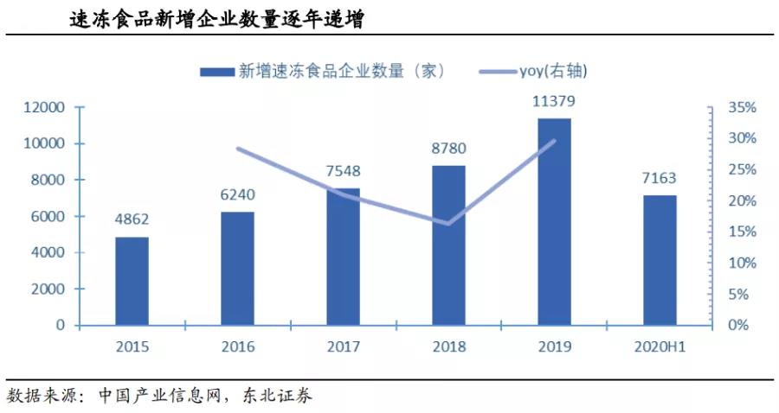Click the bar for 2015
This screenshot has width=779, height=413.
132,281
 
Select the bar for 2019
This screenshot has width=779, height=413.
554,221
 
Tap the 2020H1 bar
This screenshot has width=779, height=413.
660,260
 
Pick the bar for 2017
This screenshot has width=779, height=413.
343,257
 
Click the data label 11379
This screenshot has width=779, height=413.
554,102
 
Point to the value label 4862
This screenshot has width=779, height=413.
132,220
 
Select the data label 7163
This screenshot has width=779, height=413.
660,179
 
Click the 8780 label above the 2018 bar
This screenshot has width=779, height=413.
448,149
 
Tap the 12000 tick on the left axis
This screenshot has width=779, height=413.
48,108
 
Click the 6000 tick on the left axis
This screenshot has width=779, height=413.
51,217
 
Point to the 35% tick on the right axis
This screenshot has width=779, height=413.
742,108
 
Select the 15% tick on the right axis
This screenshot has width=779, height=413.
742,232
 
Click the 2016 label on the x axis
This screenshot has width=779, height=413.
237,347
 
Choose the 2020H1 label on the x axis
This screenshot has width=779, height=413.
660,347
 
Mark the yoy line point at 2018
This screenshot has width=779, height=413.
448,224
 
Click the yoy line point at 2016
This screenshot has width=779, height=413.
237,149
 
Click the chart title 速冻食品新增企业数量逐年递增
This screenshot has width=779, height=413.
216,18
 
